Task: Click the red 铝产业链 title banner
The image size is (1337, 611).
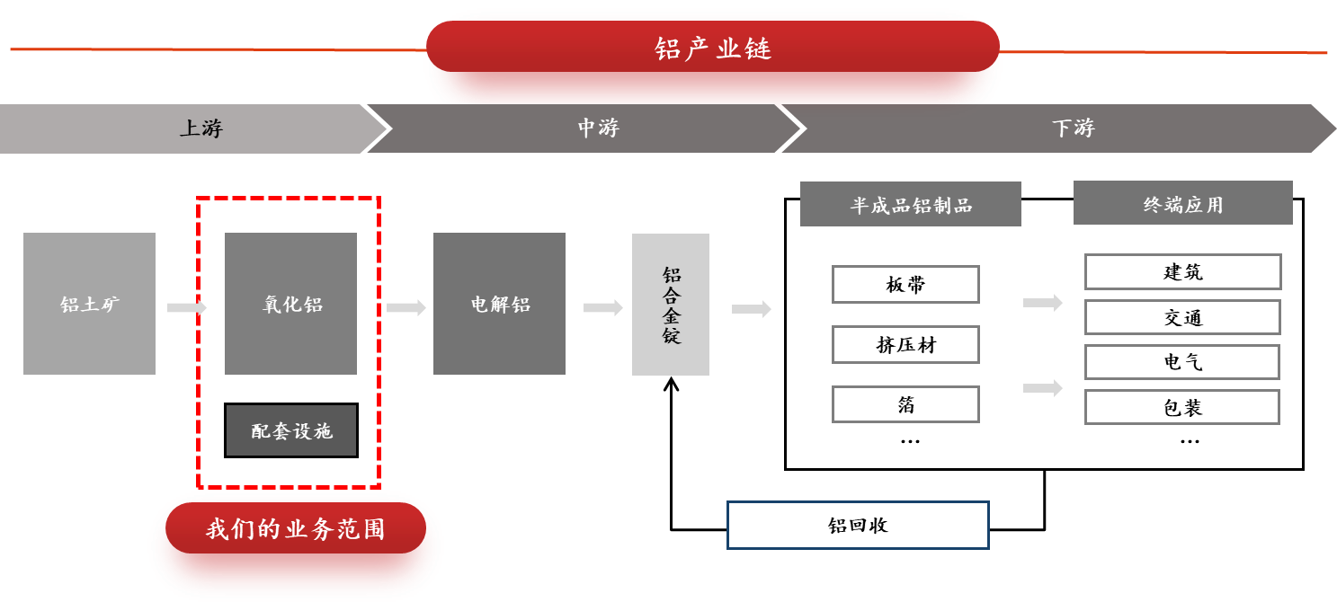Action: [712, 49]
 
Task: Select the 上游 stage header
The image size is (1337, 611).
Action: [201, 128]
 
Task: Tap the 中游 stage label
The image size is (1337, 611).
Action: [598, 128]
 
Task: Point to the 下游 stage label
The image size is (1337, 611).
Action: [1073, 128]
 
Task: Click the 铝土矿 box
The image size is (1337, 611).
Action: [89, 304]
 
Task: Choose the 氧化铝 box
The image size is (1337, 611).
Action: [290, 304]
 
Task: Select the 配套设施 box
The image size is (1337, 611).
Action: [291, 430]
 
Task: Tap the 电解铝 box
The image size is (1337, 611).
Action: [499, 304]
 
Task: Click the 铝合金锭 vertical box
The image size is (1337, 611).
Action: [671, 305]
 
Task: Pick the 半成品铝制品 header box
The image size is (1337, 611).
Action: [910, 204]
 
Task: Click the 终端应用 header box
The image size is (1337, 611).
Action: [1182, 203]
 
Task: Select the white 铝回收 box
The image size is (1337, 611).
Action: [858, 525]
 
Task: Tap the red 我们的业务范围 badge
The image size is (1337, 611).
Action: [295, 528]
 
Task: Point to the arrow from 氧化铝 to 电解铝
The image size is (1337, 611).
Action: [406, 307]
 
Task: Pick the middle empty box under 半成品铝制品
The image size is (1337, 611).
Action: [905, 344]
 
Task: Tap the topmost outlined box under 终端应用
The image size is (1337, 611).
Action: [1182, 271]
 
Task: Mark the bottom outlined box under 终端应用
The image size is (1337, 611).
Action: [1181, 407]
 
